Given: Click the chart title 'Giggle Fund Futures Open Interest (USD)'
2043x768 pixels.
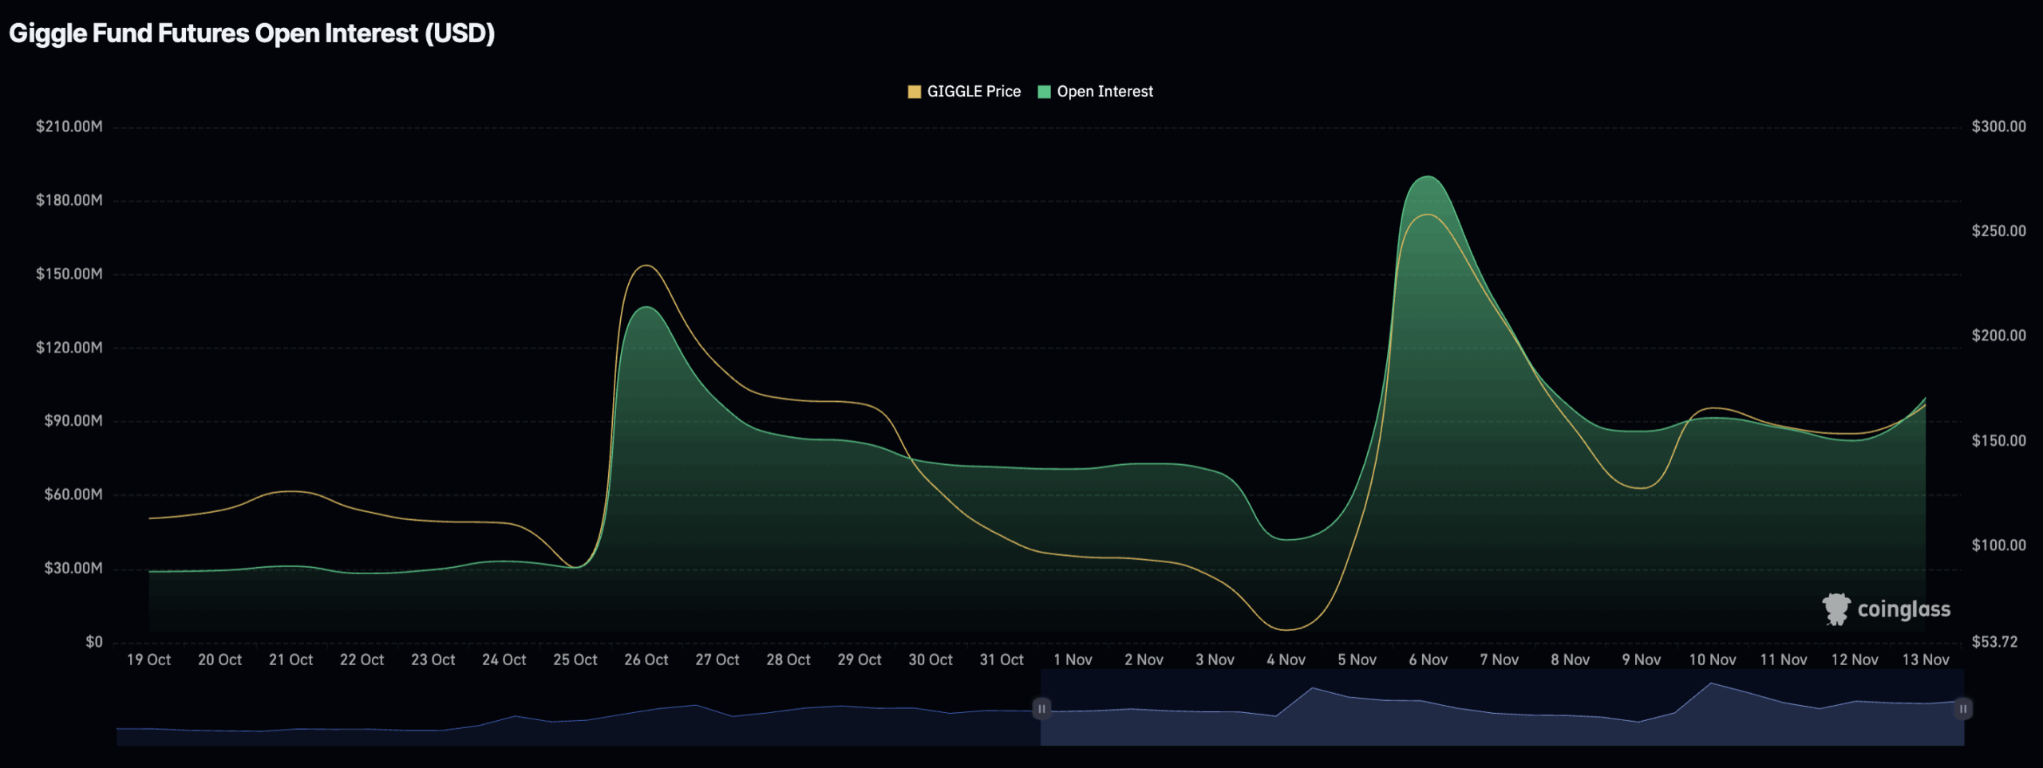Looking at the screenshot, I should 251,33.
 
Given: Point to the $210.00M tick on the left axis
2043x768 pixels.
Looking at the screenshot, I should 69,127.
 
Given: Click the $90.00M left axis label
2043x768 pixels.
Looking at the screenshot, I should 73,421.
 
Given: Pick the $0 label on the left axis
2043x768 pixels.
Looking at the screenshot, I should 94,642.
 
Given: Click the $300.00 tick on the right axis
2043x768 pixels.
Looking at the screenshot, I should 1998,127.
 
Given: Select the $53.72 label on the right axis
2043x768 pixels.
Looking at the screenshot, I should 1994,642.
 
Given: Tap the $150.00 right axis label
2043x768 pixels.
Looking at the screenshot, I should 1998,440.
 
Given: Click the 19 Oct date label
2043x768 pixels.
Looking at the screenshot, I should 148,660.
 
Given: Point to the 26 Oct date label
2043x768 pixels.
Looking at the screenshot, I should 646,660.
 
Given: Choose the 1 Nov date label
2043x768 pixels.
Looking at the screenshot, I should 1073,660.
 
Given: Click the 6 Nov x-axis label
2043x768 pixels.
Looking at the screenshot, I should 1428,660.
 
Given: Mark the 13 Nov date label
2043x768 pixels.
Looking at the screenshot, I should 1926,660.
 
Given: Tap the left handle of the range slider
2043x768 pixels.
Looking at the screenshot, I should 1041,708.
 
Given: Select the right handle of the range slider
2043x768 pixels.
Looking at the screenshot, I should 1962,708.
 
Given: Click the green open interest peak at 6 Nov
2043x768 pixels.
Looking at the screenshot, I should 1427,177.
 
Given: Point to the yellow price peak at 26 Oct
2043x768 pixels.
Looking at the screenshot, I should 646,266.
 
